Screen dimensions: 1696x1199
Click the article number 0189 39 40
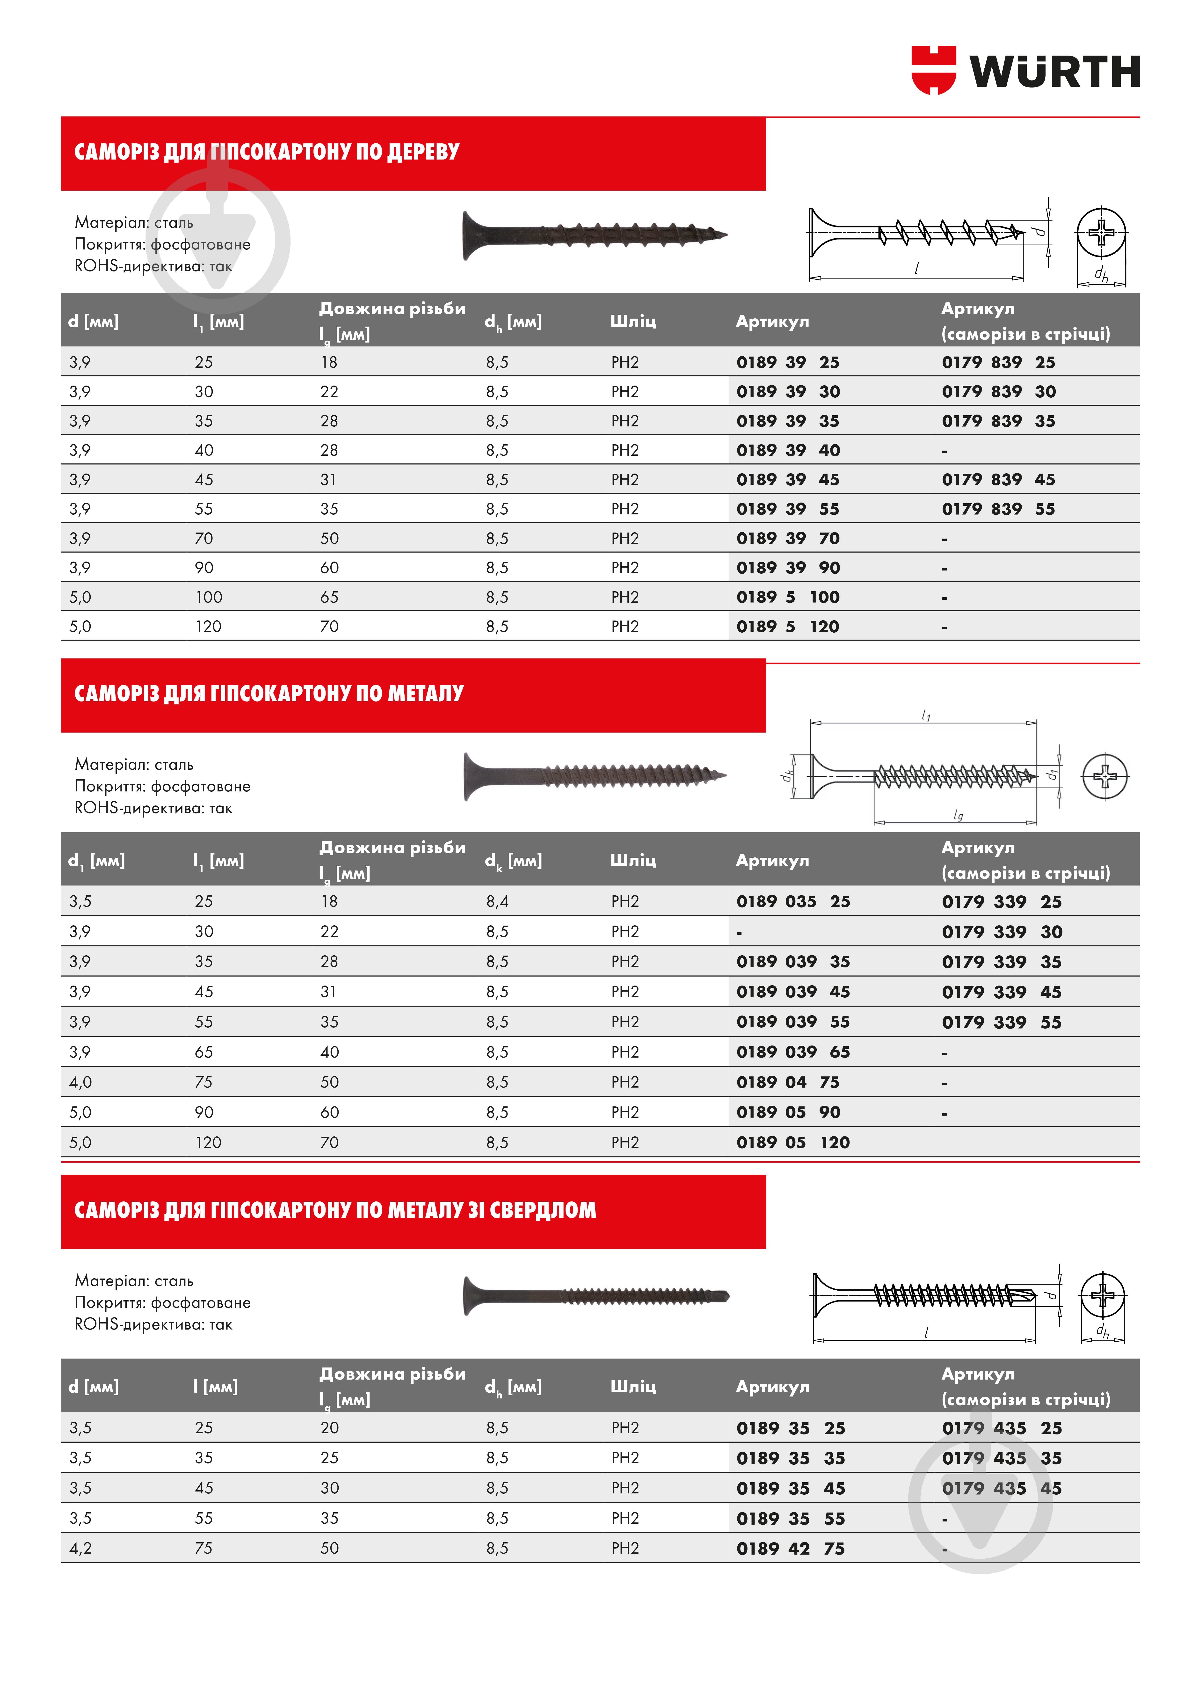pos(787,451)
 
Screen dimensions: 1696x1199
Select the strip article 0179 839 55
pos(998,509)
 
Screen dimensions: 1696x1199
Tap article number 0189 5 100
pos(787,597)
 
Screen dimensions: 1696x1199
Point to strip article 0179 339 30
pos(1001,932)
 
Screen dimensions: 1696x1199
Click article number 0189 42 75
pos(790,1549)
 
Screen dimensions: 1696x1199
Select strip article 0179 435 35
pos(1001,1459)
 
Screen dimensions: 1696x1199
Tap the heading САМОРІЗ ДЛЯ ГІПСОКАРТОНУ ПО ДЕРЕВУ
pos(267,152)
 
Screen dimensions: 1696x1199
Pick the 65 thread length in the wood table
pos(329,597)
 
